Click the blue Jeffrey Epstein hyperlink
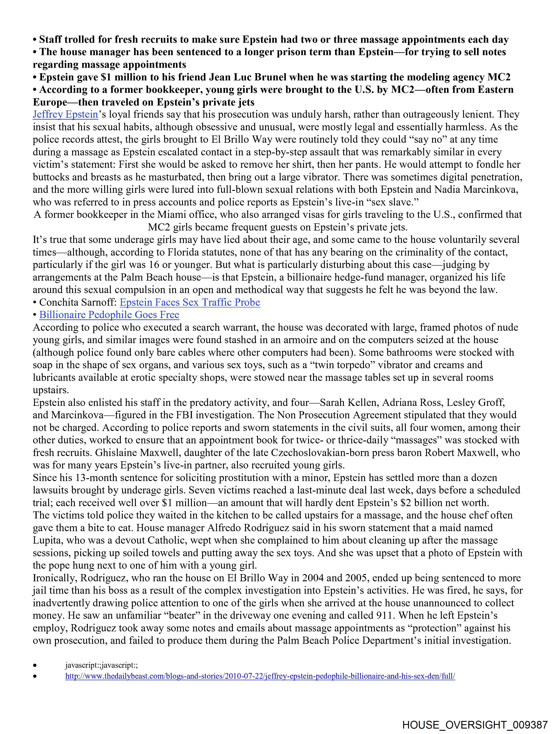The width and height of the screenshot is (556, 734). [65, 114]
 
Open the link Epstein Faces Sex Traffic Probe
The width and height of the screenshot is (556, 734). [190, 302]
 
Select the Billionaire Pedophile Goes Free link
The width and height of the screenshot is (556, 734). [109, 315]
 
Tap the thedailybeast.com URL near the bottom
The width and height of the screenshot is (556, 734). [260, 676]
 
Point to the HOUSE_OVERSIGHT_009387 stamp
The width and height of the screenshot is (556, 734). [475, 724]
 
